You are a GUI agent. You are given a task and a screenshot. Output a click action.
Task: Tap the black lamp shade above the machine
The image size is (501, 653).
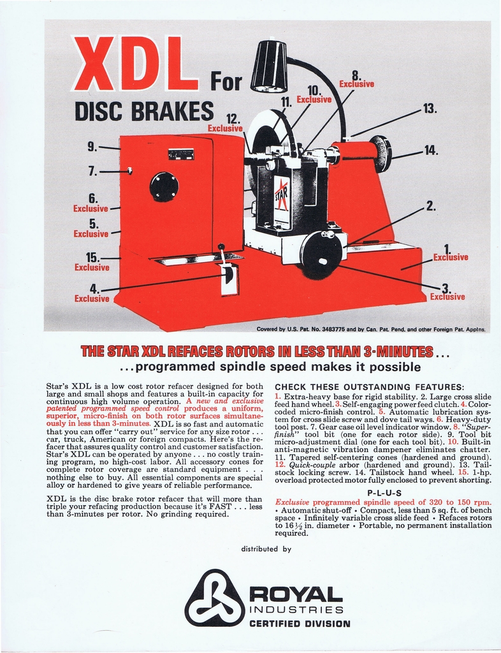tap(268, 66)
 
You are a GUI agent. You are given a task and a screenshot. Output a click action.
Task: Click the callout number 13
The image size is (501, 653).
tap(430, 108)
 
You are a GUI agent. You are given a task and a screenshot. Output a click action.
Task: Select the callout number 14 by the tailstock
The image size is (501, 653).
tap(431, 150)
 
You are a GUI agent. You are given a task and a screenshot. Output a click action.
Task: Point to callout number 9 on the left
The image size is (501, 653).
tap(92, 146)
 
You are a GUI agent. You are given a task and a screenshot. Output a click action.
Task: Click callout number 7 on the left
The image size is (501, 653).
tap(92, 171)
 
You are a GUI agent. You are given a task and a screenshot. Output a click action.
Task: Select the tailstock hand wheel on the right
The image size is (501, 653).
tap(381, 154)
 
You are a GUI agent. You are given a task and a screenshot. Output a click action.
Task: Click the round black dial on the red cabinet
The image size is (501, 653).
tap(164, 187)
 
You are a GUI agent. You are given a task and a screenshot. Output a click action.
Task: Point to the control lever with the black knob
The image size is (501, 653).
tap(221, 248)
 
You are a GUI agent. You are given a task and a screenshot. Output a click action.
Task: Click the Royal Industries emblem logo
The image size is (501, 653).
tap(214, 598)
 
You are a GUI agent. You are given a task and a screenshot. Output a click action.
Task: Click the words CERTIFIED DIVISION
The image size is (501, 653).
tap(299, 623)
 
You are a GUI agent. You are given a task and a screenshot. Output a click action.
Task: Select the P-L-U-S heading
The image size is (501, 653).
tap(384, 493)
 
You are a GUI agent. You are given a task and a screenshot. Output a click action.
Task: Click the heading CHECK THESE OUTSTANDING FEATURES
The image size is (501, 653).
tap(369, 387)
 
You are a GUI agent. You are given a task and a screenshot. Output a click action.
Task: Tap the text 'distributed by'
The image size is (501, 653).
tap(266, 548)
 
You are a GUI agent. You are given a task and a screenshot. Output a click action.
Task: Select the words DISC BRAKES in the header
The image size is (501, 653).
tap(144, 110)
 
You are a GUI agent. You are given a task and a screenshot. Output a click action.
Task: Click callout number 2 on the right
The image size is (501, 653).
tap(431, 205)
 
